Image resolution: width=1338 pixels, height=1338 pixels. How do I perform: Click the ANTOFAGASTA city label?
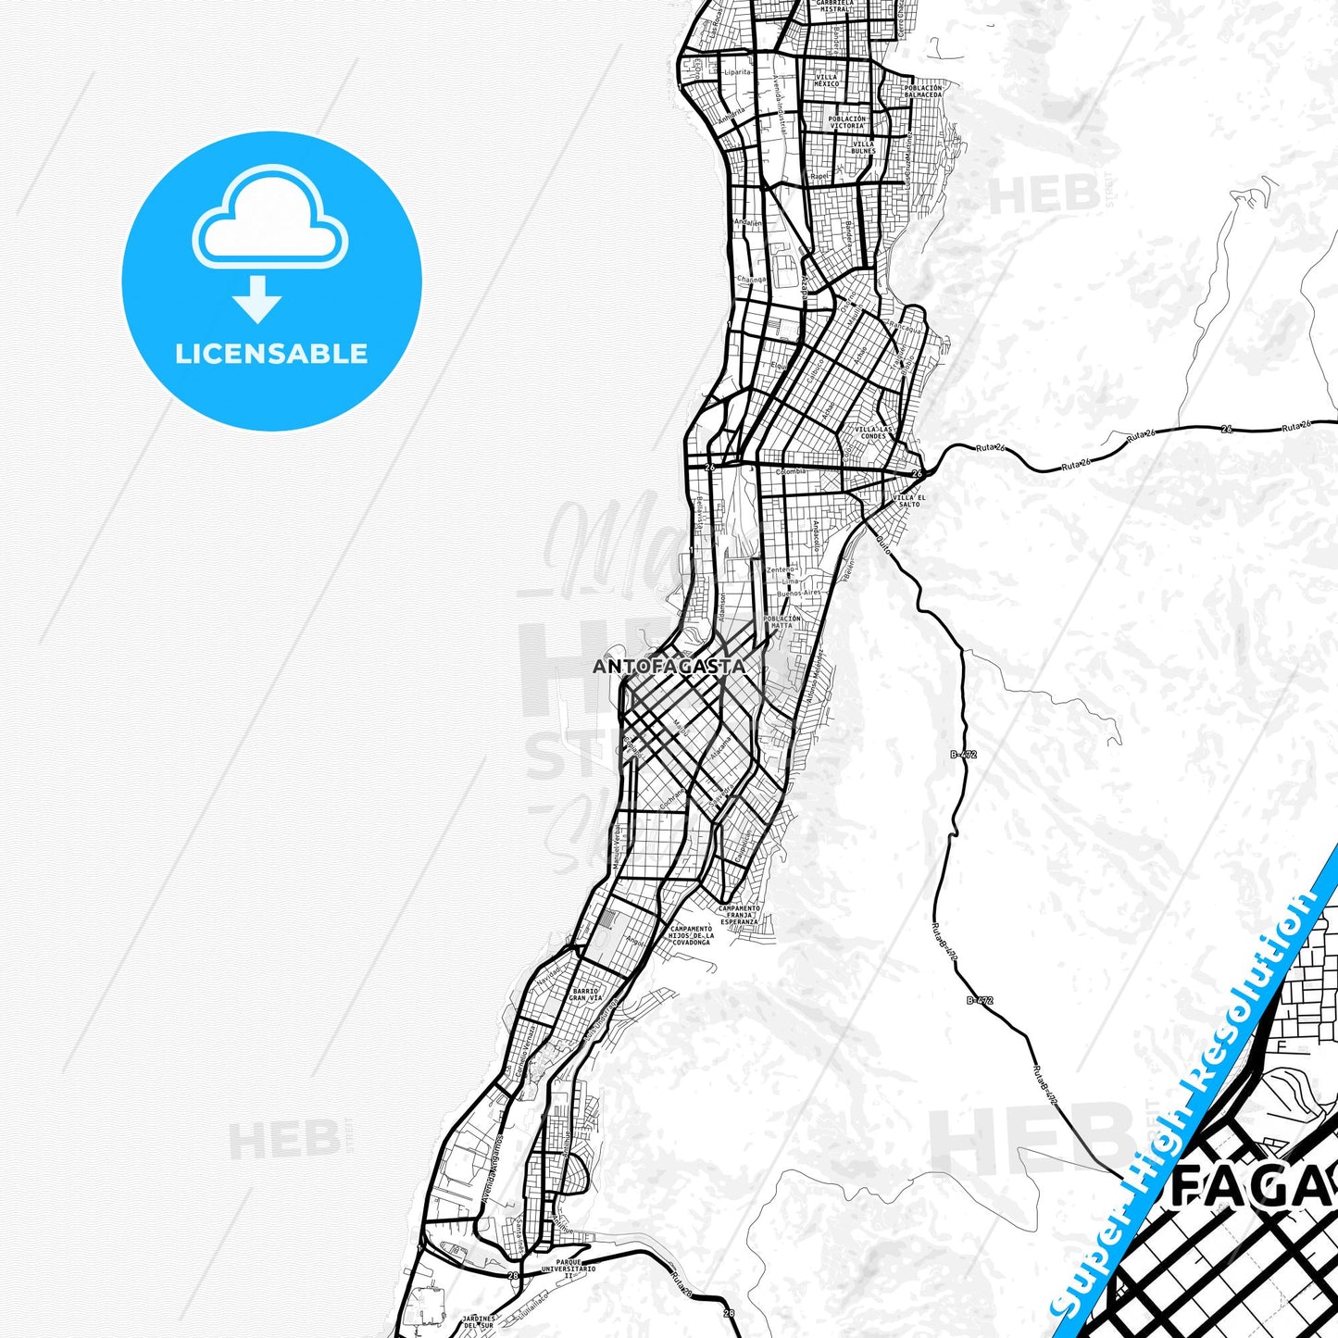pos(669,666)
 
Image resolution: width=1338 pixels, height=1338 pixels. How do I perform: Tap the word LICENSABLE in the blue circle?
pos(271,353)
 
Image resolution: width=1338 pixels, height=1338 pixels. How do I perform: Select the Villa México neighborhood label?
pos(826,81)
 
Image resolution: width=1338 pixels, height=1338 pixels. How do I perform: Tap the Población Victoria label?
pos(847,121)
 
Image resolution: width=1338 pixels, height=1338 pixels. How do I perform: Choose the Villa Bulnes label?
pos(862,146)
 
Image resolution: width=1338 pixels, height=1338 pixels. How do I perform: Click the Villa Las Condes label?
pos(874,432)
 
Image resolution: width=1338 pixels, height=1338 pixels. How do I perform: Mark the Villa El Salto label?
pos(909,500)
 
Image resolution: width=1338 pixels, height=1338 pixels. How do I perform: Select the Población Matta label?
pos(782,621)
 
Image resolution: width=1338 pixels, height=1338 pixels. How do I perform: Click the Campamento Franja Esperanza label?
pos(738,915)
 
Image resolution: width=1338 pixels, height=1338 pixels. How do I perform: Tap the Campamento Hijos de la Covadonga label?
pos(691,934)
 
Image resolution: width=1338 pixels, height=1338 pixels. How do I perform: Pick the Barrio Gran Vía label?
pos(585,994)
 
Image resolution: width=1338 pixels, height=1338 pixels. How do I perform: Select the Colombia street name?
pos(791,471)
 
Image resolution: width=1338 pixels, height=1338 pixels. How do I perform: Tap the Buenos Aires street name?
pos(798,592)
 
